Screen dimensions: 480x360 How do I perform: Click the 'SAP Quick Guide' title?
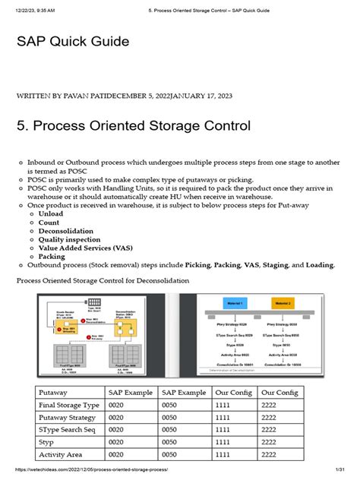[73, 41]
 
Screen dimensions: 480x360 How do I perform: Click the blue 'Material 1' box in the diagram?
[235, 304]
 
